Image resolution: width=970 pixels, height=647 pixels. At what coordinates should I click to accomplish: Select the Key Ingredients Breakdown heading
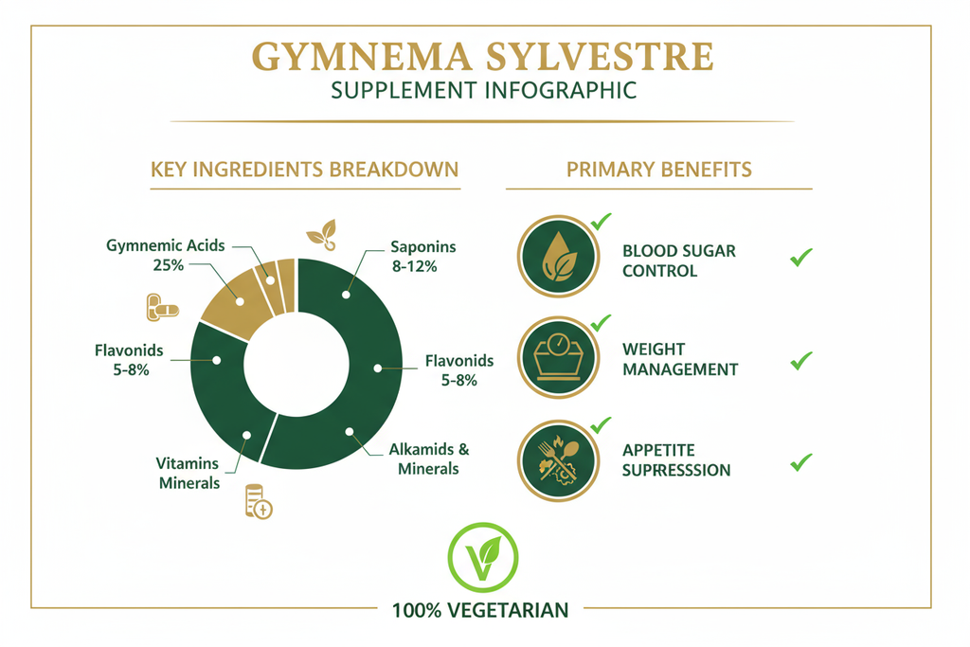304,170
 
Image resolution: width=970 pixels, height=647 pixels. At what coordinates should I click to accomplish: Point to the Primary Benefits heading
659,170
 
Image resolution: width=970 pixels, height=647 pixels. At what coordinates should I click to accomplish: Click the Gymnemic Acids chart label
166,245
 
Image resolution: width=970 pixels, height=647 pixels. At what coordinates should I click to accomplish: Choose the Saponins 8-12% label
422,256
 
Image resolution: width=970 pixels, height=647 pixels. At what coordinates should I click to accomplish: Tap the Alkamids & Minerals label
429,458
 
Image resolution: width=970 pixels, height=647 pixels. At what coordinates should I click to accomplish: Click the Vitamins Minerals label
188,473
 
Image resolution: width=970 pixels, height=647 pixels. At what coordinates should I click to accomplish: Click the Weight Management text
679,360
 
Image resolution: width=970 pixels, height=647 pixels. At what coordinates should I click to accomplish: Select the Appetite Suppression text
676,460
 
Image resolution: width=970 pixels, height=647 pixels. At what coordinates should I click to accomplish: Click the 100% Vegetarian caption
480,610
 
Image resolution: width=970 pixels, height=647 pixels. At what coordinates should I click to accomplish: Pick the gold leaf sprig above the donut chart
319,234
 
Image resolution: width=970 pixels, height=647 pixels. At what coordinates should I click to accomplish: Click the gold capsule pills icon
162,308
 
